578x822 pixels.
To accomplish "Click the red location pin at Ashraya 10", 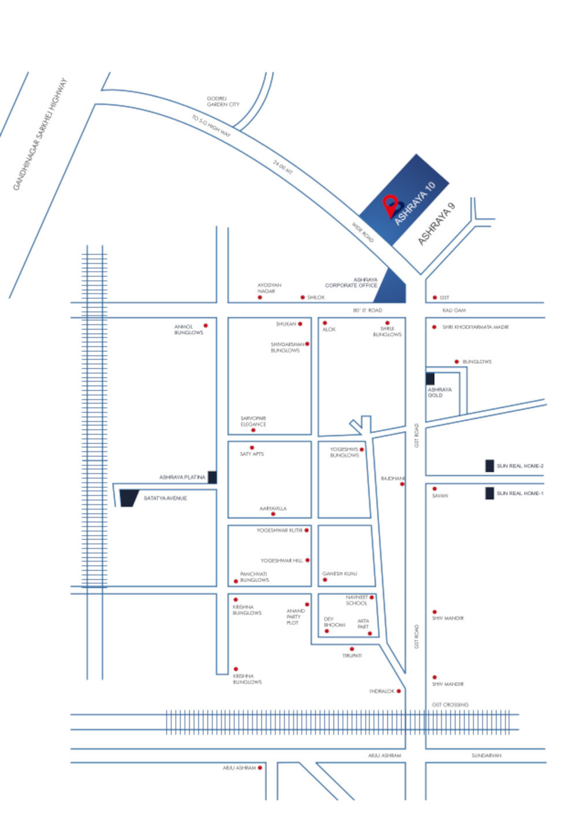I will pos(391,204).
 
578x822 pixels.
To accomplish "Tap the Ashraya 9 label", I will pos(437,224).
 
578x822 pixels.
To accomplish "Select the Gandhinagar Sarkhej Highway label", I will pos(40,134).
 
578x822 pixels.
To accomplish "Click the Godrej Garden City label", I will pos(223,102).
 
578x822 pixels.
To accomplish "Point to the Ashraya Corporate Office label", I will pos(351,283).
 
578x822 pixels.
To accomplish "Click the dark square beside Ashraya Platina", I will pos(212,477).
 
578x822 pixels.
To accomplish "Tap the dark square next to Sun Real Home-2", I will pos(490,466).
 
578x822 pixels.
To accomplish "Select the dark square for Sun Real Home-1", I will pos(490,493).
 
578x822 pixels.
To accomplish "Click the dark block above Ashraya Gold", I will pos(430,379).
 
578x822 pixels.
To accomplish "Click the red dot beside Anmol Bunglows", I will pos(206,326).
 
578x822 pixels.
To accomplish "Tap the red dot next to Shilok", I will pos(302,297).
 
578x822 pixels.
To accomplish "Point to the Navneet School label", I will pos(357,600).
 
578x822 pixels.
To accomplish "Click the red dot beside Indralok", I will pos(398,691).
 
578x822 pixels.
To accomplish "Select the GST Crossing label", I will pos(450,705).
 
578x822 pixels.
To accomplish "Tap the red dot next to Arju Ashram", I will pos(260,768).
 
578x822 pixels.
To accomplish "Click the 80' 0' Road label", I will pos(368,310).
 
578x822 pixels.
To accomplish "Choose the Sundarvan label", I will pos(486,756).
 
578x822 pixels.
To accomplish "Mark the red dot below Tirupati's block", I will pos(351,649).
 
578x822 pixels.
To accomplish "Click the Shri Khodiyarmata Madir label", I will pos(475,327).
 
